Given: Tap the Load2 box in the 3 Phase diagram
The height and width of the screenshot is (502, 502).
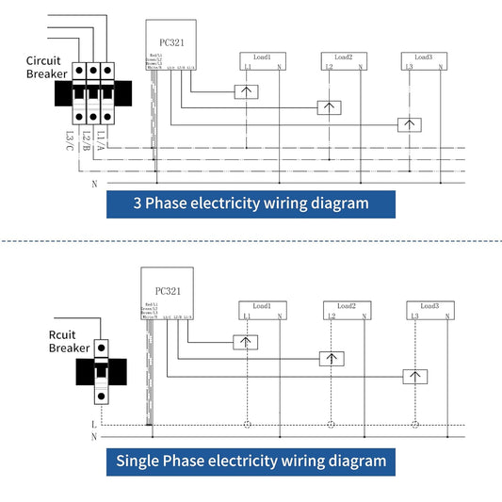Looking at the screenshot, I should (x=344, y=60).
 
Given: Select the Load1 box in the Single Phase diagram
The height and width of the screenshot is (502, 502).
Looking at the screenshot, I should (x=262, y=310).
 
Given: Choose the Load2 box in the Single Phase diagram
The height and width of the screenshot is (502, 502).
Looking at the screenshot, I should (x=345, y=310).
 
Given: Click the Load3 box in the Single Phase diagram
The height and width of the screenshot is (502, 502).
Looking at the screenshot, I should (x=429, y=310).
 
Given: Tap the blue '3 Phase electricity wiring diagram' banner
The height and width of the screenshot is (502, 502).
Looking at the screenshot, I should (x=250, y=202).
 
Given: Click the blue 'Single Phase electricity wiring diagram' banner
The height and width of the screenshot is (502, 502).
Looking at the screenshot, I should (x=251, y=461).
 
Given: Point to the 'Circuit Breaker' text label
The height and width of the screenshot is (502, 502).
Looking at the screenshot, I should (x=45, y=68).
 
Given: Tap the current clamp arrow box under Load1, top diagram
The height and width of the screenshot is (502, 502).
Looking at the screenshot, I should (x=247, y=91).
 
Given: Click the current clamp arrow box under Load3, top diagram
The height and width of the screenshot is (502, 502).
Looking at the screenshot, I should (x=409, y=124).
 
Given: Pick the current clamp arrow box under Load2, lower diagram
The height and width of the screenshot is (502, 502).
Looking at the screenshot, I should (x=330, y=358).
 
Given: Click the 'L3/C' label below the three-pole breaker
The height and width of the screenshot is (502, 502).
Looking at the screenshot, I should (x=71, y=138).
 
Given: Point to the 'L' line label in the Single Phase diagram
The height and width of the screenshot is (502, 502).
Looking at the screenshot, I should (x=94, y=425).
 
